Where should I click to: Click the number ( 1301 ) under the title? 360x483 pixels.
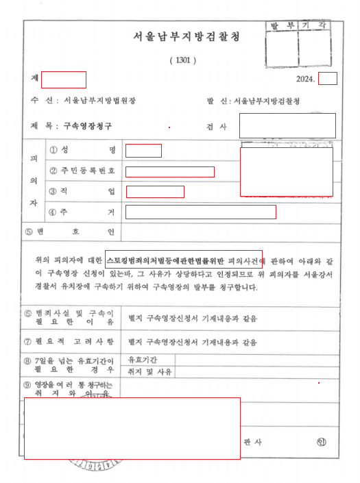click(x=182, y=60)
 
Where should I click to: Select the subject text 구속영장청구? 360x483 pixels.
click(x=87, y=126)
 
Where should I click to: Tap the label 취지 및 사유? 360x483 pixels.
click(x=147, y=372)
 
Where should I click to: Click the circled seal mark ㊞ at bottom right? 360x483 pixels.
click(x=322, y=442)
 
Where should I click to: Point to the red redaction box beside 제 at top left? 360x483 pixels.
click(x=64, y=79)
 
